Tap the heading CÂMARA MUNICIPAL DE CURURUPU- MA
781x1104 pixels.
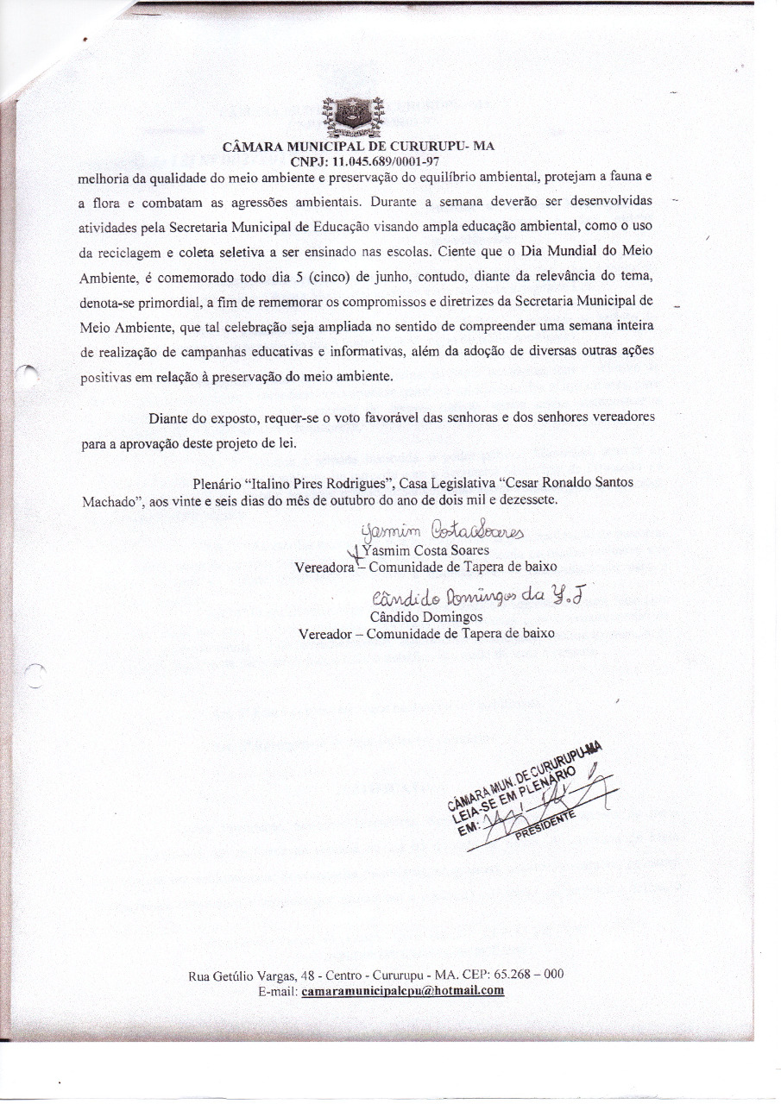click(358, 147)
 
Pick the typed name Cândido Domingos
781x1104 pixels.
click(426, 617)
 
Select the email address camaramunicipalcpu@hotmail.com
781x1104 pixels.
click(403, 991)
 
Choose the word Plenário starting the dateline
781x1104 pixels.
click(217, 483)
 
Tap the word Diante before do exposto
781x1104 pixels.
click(170, 418)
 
